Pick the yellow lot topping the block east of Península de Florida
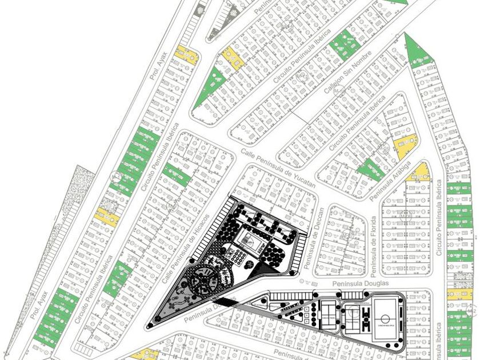tap(419, 172)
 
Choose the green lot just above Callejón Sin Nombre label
tap(345, 45)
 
